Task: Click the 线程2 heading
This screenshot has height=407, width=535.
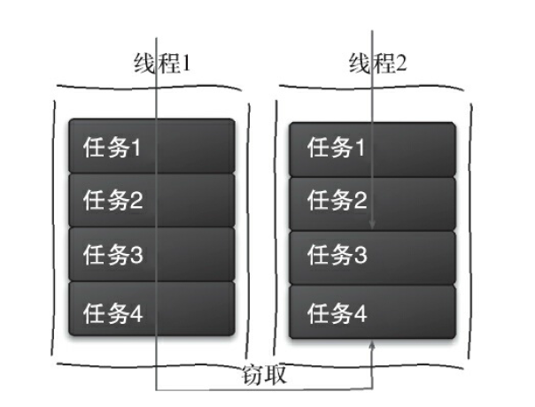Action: [x=375, y=65]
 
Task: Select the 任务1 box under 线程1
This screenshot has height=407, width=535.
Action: [x=151, y=146]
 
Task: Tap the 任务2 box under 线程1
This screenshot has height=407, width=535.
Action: [x=151, y=201]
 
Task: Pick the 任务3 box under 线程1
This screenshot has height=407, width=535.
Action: [x=151, y=256]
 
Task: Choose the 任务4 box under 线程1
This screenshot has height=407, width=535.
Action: [x=151, y=310]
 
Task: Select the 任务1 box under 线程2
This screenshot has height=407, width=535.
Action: [x=372, y=147]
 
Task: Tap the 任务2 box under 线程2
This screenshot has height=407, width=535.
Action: [x=372, y=202]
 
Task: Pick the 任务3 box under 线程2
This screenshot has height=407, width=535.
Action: [x=372, y=257]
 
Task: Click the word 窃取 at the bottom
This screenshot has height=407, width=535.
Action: [x=263, y=374]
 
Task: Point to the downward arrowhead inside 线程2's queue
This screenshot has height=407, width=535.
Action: [x=373, y=224]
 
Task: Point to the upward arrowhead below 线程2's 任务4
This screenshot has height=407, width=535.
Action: [x=373, y=350]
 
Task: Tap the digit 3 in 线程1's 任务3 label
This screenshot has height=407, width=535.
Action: [x=136, y=257]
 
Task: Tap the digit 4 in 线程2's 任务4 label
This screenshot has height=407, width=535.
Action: [x=358, y=311]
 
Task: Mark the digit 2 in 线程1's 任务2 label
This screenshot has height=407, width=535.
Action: [x=136, y=202]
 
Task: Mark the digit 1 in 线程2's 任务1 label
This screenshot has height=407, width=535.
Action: [x=358, y=148]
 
